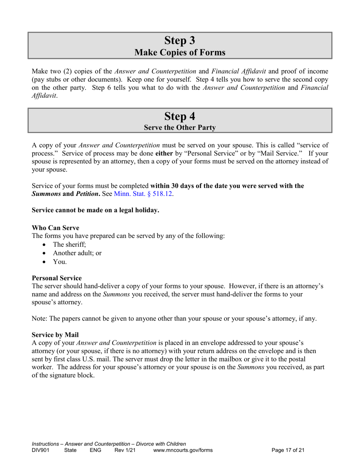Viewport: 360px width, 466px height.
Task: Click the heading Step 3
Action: (x=180, y=40)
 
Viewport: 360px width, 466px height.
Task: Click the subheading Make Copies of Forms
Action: (x=180, y=53)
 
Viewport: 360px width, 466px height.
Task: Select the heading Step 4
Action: (x=180, y=116)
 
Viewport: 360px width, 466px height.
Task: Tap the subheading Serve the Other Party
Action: (x=180, y=128)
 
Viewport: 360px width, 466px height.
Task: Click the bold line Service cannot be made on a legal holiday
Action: (x=95, y=210)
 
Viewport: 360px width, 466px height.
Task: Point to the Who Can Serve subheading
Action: (x=55, y=228)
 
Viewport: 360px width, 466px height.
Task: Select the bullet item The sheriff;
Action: (x=70, y=244)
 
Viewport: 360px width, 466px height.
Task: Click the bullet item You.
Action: (x=60, y=262)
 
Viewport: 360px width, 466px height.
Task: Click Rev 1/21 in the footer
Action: (x=125, y=450)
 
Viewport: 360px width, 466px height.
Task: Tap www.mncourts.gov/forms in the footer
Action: (x=183, y=450)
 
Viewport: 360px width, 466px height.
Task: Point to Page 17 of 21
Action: (x=288, y=450)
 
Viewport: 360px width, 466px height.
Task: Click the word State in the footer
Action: (x=70, y=450)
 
